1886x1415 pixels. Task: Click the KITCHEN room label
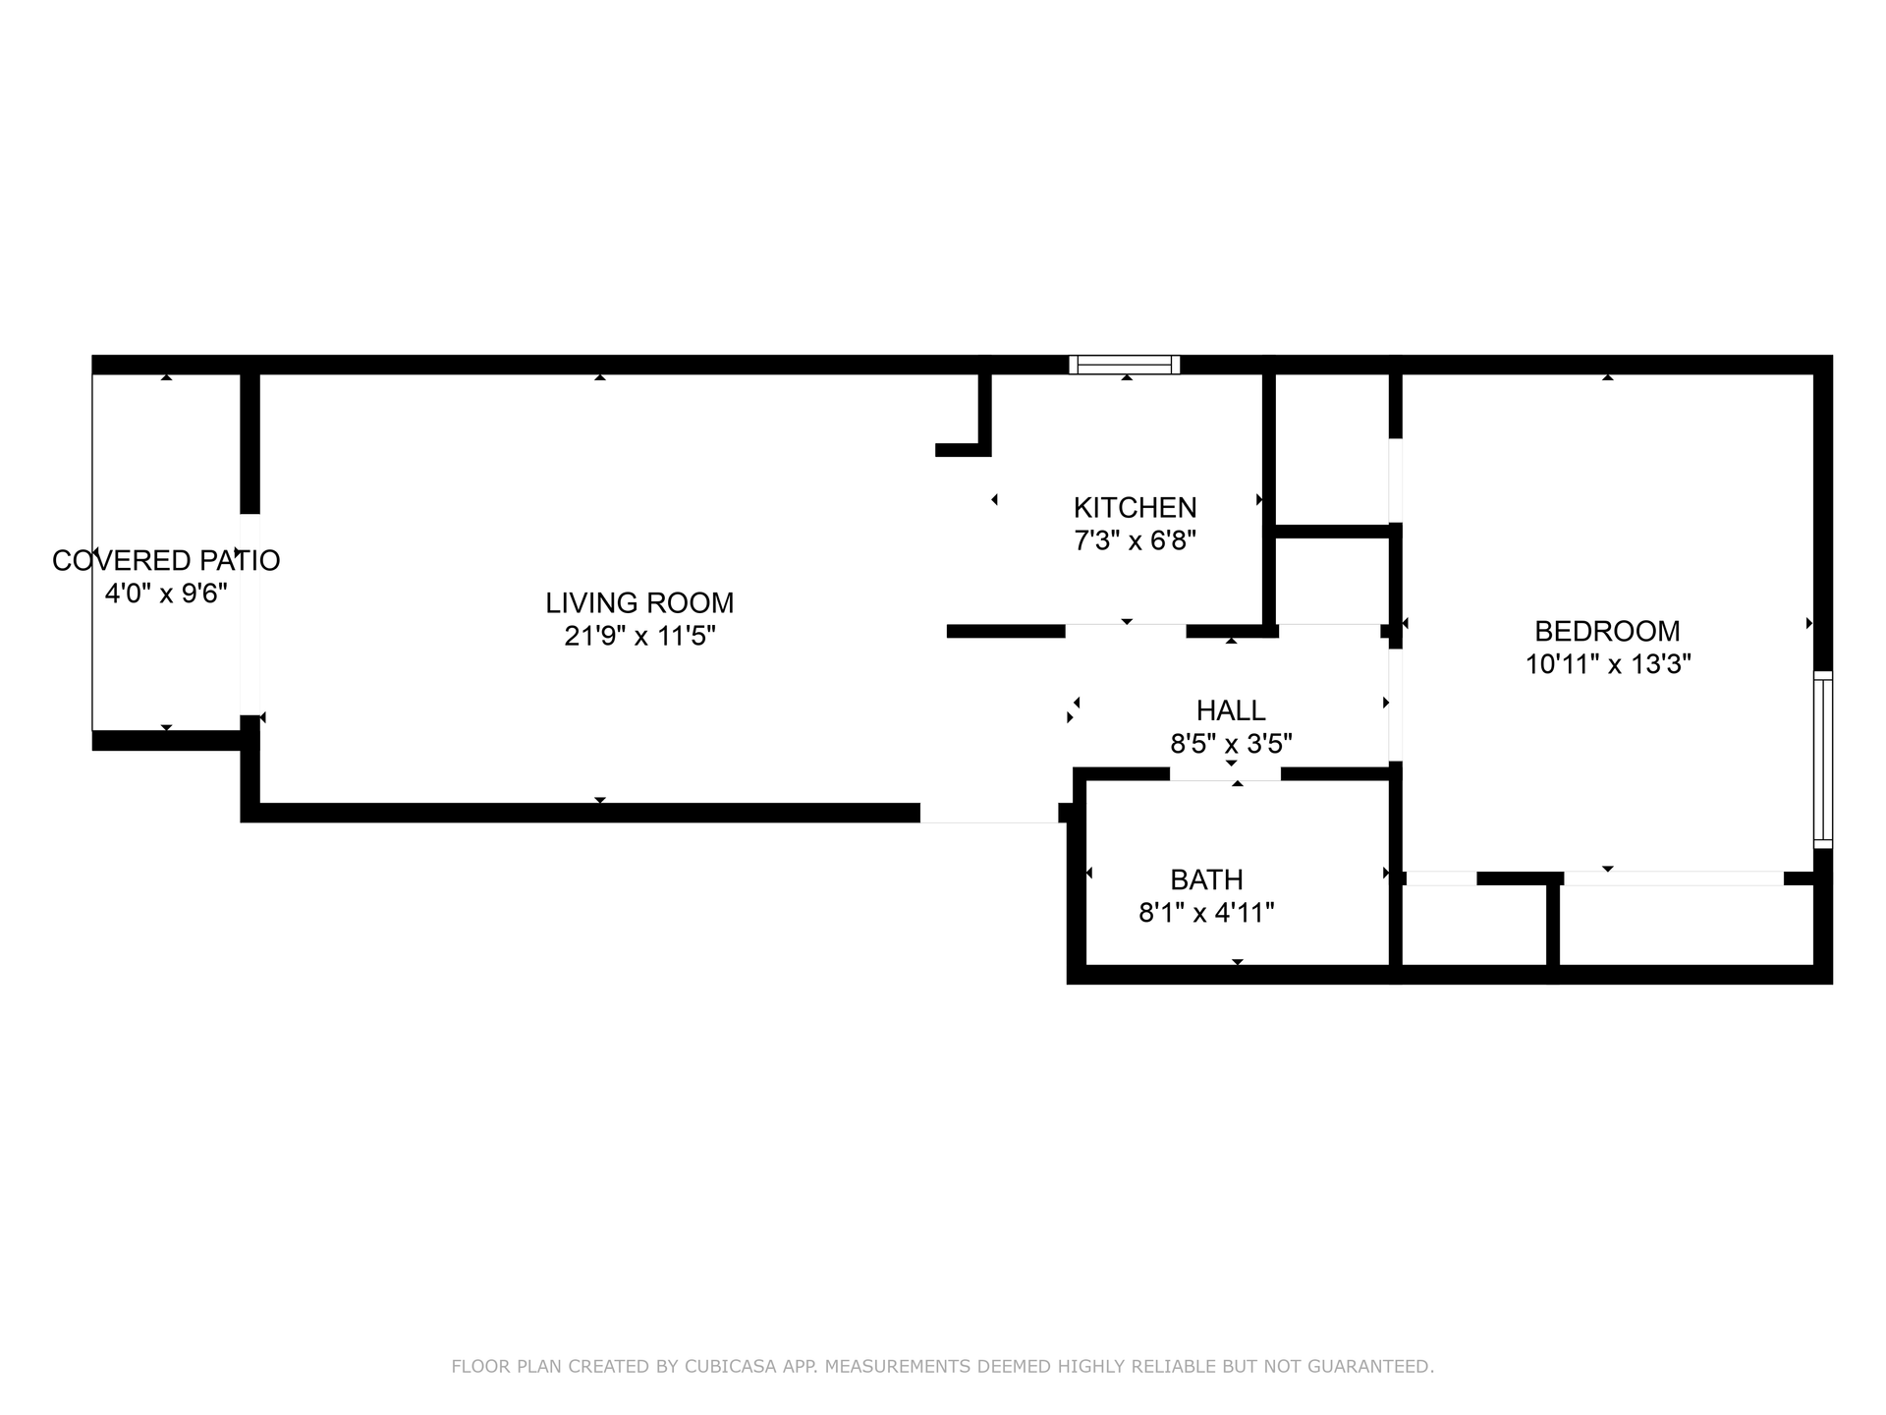tap(1135, 507)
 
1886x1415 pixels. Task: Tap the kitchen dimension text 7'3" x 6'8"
tap(1135, 540)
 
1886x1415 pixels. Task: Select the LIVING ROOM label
tap(639, 602)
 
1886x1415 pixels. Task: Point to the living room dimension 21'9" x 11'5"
tap(639, 636)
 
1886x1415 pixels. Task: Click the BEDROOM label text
tap(1607, 631)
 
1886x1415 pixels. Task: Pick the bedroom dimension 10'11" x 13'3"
tap(1607, 664)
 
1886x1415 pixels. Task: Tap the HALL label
tap(1230, 709)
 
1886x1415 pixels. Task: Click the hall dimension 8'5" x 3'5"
tap(1230, 744)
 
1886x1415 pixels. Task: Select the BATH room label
tap(1206, 879)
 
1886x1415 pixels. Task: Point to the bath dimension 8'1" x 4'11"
tap(1206, 913)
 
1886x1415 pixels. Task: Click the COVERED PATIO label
tap(166, 560)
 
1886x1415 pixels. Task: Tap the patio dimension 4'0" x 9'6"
tap(166, 594)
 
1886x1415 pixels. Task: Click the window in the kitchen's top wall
tap(1125, 365)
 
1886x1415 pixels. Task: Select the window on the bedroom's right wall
tap(1822, 760)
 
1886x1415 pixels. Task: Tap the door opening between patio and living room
tap(250, 614)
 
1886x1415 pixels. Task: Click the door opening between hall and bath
tap(1225, 774)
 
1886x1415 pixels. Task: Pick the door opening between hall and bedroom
tap(1395, 705)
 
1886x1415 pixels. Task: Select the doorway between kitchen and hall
tap(1126, 630)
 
